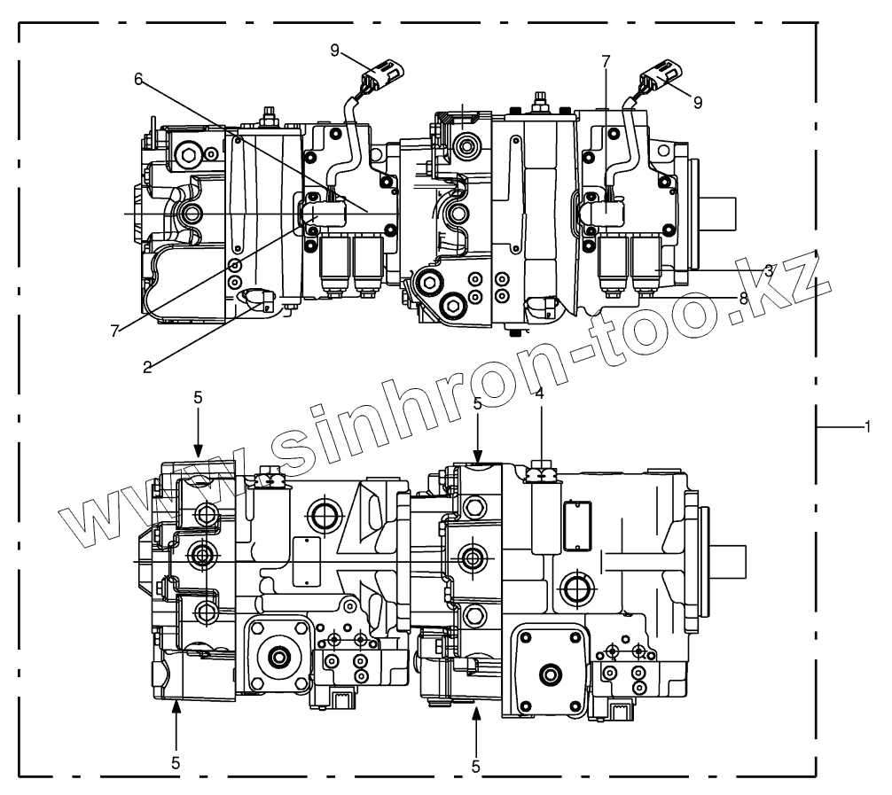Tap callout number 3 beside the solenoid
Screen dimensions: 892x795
(769, 269)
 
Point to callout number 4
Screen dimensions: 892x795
(540, 392)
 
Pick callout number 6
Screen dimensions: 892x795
(138, 79)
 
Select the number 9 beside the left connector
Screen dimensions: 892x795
(335, 51)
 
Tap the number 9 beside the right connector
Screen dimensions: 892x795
(698, 102)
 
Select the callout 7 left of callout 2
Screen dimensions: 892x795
(113, 330)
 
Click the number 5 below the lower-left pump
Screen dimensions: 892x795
(176, 762)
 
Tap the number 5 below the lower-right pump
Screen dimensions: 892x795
(476, 766)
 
